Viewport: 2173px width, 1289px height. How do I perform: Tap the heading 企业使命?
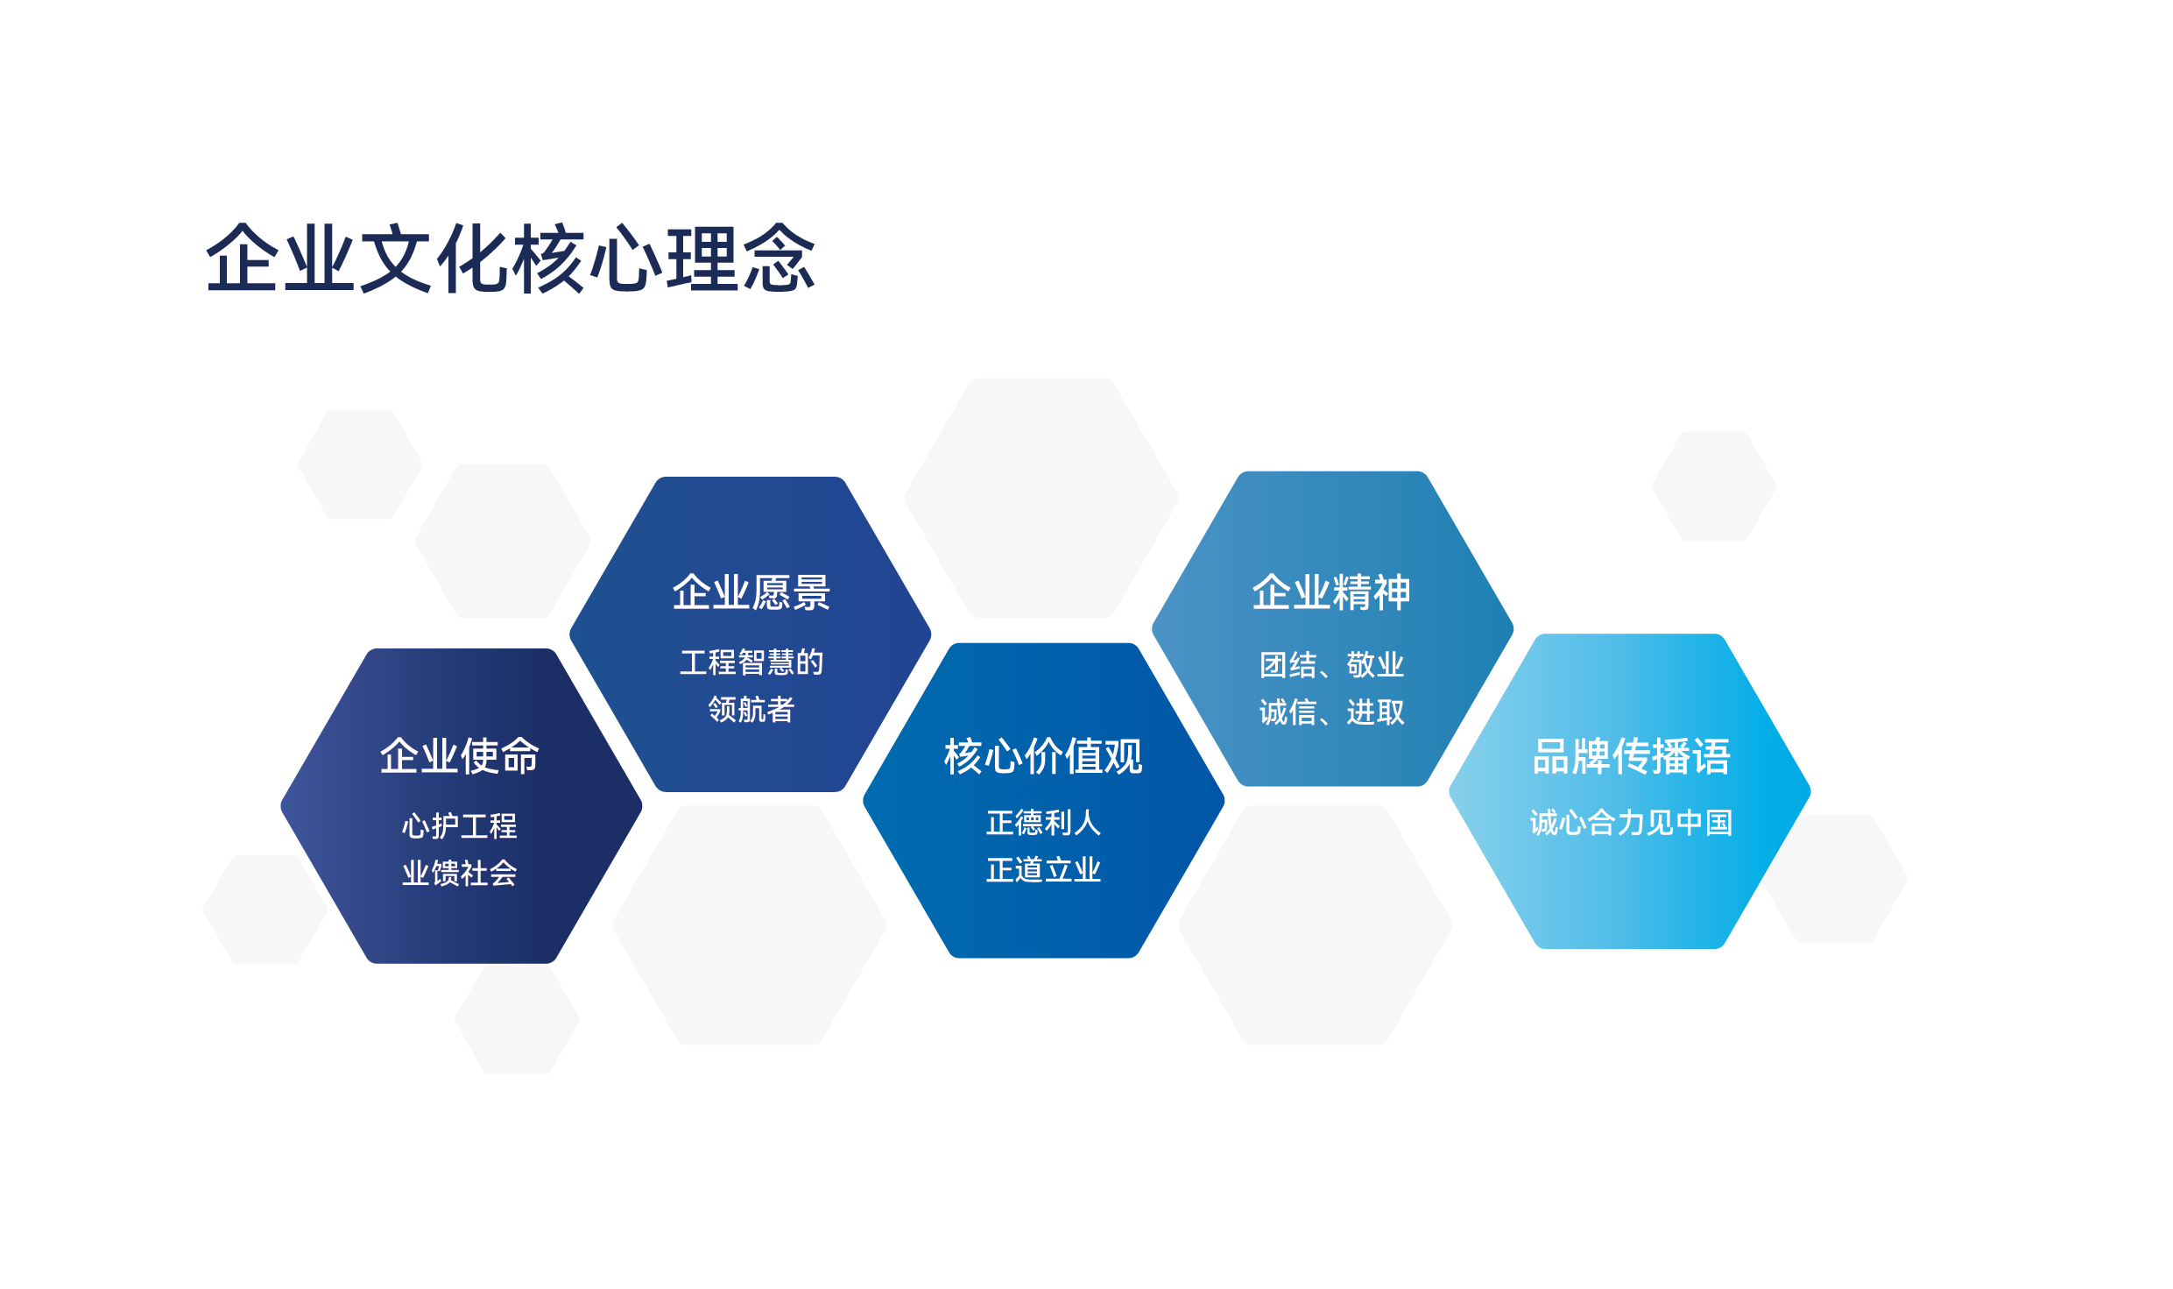pyautogui.click(x=460, y=756)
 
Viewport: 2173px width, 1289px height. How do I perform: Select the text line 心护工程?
pyautogui.click(x=460, y=826)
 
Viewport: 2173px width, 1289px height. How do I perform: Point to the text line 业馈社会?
pyautogui.click(x=460, y=874)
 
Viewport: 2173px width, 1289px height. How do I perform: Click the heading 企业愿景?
pyautogui.click(x=751, y=592)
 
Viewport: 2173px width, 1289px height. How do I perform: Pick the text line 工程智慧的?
pyautogui.click(x=751, y=662)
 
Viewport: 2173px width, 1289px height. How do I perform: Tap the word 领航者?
pyautogui.click(x=751, y=710)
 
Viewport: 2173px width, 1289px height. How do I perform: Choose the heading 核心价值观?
pyautogui.click(x=1043, y=756)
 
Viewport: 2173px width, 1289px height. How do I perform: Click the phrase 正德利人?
pyautogui.click(x=1043, y=823)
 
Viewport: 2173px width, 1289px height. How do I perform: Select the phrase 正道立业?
pyautogui.click(x=1043, y=870)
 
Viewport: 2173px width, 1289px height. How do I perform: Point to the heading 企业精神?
pyautogui.click(x=1331, y=592)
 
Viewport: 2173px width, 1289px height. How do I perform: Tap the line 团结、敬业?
pyautogui.click(x=1331, y=665)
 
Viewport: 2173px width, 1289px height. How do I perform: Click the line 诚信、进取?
pyautogui.click(x=1331, y=712)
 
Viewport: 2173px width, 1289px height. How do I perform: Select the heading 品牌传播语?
pyautogui.click(x=1631, y=756)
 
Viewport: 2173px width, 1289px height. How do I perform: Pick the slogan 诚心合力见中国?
pyautogui.click(x=1631, y=823)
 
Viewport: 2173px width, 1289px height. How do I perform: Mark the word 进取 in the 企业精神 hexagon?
pyautogui.click(x=1376, y=712)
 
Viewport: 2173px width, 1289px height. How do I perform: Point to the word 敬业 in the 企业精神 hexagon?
pyautogui.click(x=1376, y=665)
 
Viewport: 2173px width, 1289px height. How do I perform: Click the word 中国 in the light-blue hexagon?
pyautogui.click(x=1704, y=823)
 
